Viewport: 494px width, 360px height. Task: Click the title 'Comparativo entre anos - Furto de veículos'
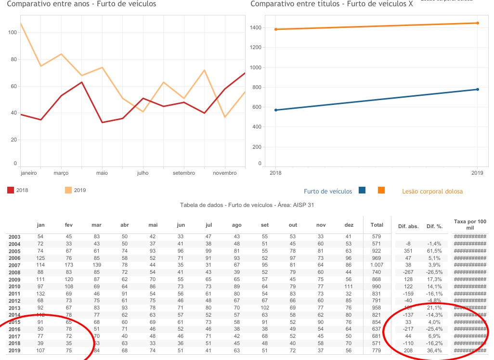pyautogui.click(x=81, y=4)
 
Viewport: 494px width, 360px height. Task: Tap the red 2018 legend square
pyautogui.click(x=11, y=190)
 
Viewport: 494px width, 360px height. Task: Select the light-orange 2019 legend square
pyautogui.click(x=68, y=190)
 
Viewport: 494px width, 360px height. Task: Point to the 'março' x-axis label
pyautogui.click(x=61, y=173)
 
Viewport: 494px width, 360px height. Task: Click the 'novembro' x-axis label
pyautogui.click(x=224, y=173)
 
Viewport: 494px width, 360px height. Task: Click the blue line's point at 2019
pyautogui.click(x=477, y=89)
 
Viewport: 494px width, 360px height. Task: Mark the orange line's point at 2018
pyautogui.click(x=276, y=29)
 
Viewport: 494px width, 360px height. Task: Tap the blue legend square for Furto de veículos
pyautogui.click(x=362, y=191)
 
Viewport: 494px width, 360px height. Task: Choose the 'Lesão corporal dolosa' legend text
pyautogui.click(x=432, y=191)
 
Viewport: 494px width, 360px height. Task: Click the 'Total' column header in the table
pyautogui.click(x=377, y=225)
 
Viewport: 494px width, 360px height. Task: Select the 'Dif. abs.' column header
pyautogui.click(x=408, y=226)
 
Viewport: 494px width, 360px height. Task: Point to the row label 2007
pyautogui.click(x=14, y=265)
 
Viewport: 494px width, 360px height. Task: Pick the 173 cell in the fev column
pyautogui.click(x=69, y=265)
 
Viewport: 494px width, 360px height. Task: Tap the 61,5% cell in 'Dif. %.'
pyautogui.click(x=434, y=251)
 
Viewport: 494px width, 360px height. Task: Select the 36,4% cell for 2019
pyautogui.click(x=434, y=351)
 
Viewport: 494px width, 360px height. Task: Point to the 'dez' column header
pyautogui.click(x=349, y=225)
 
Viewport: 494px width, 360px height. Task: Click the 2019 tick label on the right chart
pyautogui.click(x=477, y=173)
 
